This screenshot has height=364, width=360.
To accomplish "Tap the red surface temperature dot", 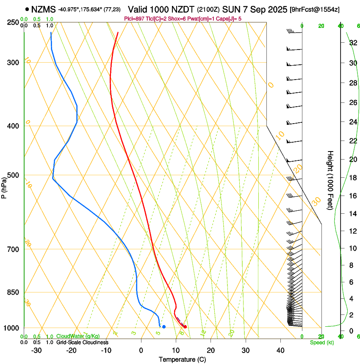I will pyautogui.click(x=185, y=326).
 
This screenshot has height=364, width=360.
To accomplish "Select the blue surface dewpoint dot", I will pyautogui.click(x=164, y=326).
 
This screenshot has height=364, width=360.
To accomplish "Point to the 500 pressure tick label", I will pyautogui.click(x=13, y=175).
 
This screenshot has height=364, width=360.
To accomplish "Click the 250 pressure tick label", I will pyautogui.click(x=13, y=22).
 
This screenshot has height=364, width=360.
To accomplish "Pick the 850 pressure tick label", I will pyautogui.click(x=13, y=292).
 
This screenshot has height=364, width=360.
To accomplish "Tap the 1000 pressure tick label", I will pyautogui.click(x=12, y=328).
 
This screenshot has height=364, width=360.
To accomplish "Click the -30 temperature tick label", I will pyautogui.click(x=36, y=350).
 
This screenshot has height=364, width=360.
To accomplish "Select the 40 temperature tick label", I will pyautogui.click(x=280, y=350).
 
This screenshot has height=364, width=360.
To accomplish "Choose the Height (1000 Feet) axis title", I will pyautogui.click(x=330, y=180).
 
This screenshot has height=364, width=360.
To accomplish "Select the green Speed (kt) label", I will pyautogui.click(x=321, y=342).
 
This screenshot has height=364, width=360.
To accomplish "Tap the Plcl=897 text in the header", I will pyautogui.click(x=134, y=18).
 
